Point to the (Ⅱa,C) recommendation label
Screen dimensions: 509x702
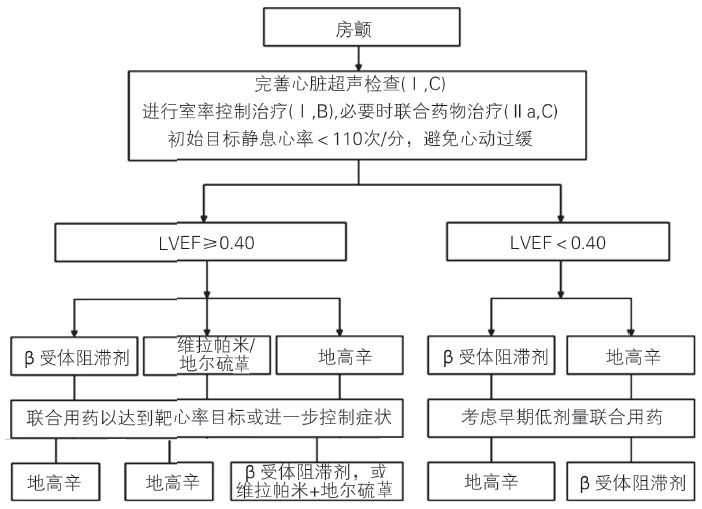pos(516,111)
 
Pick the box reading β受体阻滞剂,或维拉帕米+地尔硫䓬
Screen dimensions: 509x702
pos(312,480)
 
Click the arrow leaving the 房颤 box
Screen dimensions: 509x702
pos(353,61)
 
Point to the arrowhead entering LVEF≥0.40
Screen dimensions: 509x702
pos(205,219)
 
